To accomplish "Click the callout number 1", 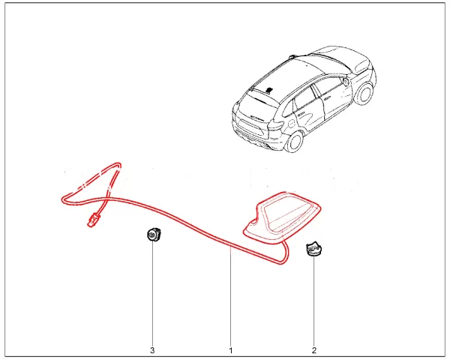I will coord(230,350).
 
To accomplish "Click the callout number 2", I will coord(313,350).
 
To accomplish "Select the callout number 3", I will coord(152,350).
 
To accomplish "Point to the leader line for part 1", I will coord(230,300).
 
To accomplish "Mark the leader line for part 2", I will coord(313,300).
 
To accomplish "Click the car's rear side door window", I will coord(305,97).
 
